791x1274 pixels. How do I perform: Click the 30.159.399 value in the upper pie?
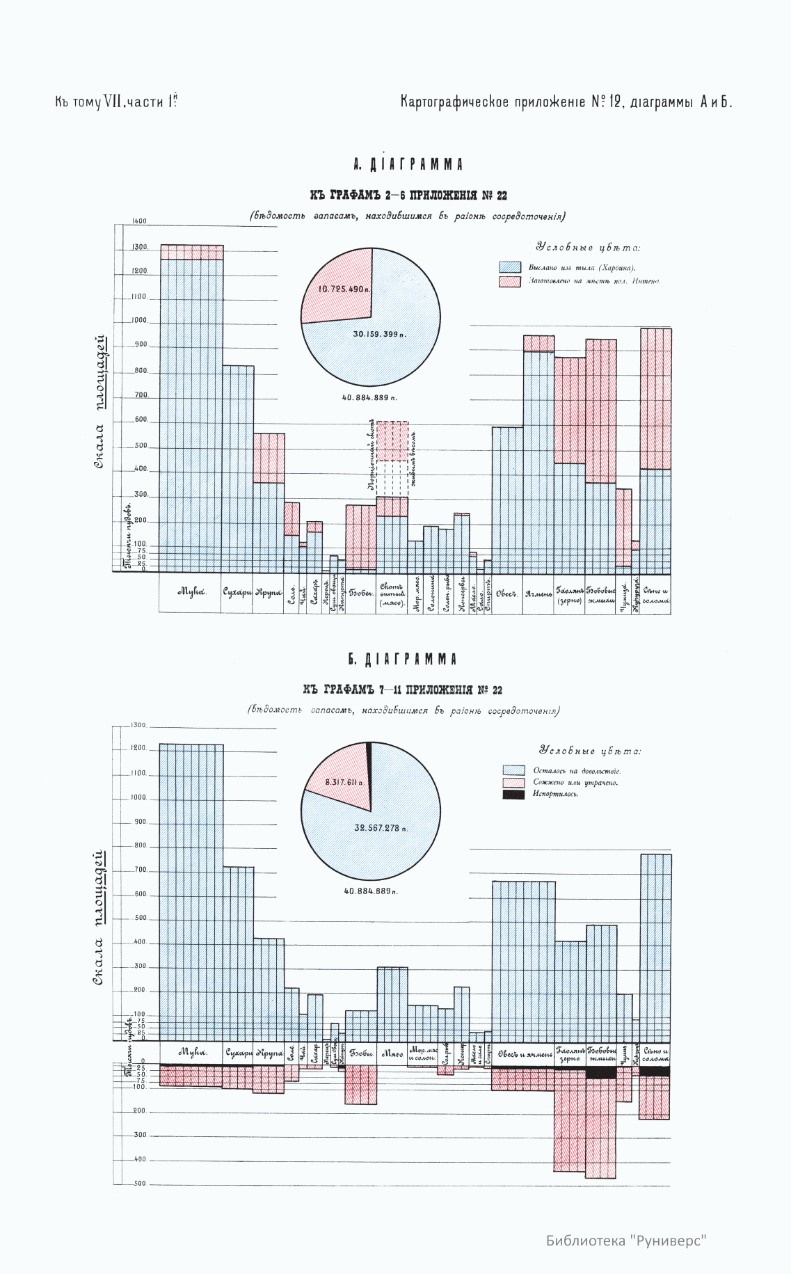point(380,335)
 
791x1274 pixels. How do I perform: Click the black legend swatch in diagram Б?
point(513,795)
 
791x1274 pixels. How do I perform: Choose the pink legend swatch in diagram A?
point(509,281)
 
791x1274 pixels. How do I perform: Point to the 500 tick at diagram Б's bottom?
point(139,1184)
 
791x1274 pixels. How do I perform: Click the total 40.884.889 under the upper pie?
point(370,398)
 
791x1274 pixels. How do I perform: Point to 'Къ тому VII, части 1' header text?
point(119,102)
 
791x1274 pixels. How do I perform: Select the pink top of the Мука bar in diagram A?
point(192,252)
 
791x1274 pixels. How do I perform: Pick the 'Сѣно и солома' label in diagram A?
point(655,595)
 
